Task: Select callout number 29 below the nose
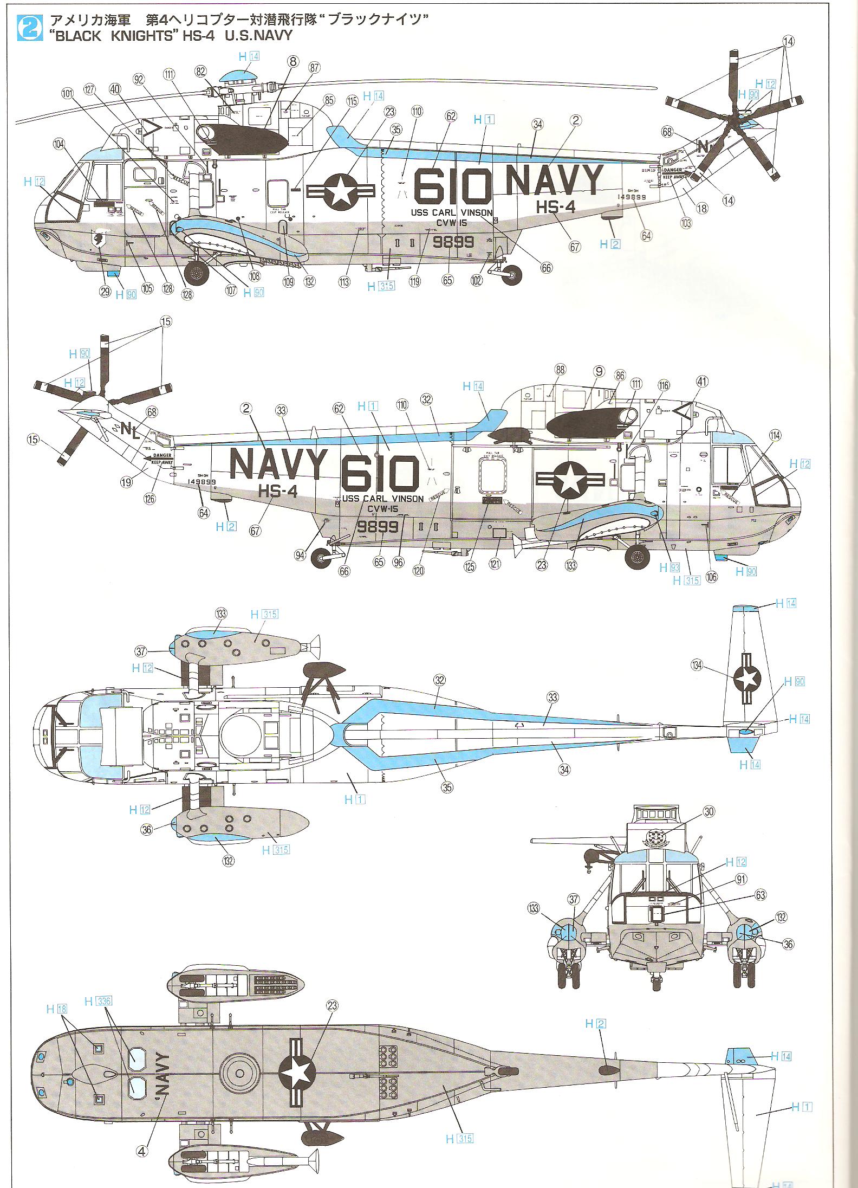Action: point(105,292)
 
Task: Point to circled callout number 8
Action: point(293,61)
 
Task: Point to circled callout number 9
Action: point(599,371)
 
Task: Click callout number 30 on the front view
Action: point(710,811)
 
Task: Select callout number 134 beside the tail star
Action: point(698,664)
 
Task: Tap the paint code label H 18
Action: point(57,1009)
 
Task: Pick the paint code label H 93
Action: point(669,567)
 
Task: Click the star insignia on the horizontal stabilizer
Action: point(747,679)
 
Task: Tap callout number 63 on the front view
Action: point(760,894)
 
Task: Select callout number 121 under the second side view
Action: point(495,564)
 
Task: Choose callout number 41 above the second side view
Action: point(702,382)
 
